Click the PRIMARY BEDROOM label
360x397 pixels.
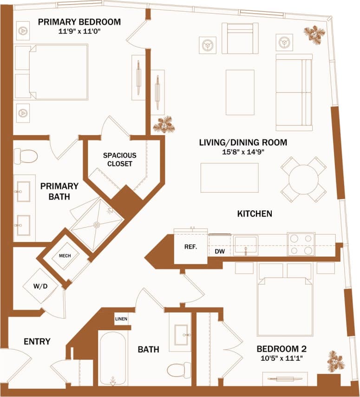pos(79,22)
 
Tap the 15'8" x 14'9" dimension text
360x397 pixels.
pos(243,151)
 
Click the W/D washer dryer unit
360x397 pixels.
pos(41,286)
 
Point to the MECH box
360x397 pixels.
pos(64,256)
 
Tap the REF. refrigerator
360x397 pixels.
pos(190,247)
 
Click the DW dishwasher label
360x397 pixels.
pos(220,252)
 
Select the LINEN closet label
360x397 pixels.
pos(121,319)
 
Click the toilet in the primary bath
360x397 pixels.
pos(25,156)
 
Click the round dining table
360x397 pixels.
pos(303,179)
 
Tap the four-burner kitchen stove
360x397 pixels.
pos(301,244)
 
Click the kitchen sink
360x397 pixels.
pos(246,244)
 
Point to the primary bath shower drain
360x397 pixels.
pos(97,225)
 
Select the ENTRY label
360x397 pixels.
pos(37,342)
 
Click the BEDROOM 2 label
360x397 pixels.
pos(281,349)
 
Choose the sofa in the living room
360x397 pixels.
pos(294,92)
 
